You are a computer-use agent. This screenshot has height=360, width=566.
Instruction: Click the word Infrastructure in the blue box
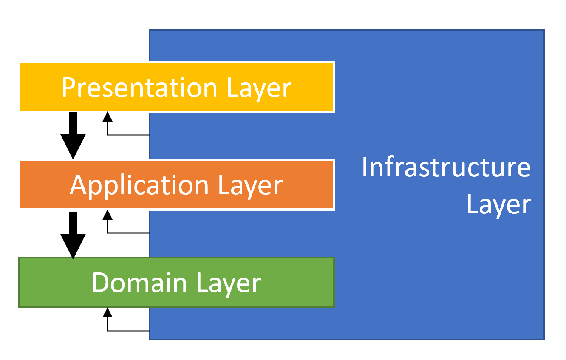pos(446,167)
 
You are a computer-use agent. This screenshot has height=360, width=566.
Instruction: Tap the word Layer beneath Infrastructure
pos(499,204)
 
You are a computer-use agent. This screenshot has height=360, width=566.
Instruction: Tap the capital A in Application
pos(78,185)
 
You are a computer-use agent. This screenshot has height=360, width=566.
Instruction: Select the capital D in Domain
pos(101,283)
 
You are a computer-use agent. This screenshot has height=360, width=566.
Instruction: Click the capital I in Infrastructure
pos(365,167)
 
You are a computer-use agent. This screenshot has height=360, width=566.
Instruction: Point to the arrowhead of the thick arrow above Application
pos(73,147)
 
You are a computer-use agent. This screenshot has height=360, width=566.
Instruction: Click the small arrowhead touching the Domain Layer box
pos(108,313)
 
